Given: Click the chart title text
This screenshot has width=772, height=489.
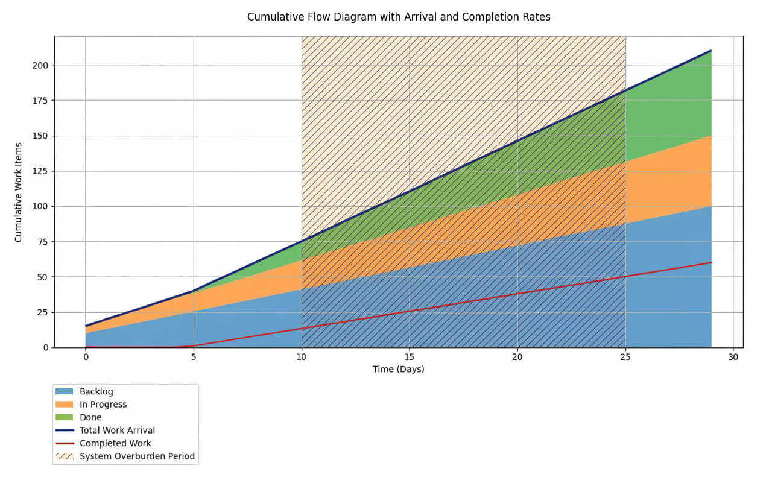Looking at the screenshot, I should (399, 17).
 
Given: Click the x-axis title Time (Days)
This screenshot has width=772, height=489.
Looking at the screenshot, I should (398, 369).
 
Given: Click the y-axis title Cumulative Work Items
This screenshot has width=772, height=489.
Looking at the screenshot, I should (18, 192).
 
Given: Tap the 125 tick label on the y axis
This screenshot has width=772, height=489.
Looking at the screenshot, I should (40, 171).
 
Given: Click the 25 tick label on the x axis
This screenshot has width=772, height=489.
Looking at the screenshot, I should (625, 356).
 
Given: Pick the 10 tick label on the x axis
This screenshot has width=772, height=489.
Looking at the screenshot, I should (302, 356).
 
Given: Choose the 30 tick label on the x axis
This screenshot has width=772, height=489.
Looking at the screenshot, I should (733, 356).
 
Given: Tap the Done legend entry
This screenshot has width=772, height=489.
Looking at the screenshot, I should (90, 417).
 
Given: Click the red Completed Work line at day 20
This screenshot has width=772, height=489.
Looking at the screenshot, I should (517, 294).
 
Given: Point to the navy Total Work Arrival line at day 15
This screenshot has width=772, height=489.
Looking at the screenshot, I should (410, 192).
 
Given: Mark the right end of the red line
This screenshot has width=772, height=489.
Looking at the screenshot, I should (712, 262).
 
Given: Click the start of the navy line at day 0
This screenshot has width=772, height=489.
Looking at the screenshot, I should (86, 326).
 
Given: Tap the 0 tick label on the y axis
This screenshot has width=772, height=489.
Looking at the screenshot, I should (45, 348).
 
